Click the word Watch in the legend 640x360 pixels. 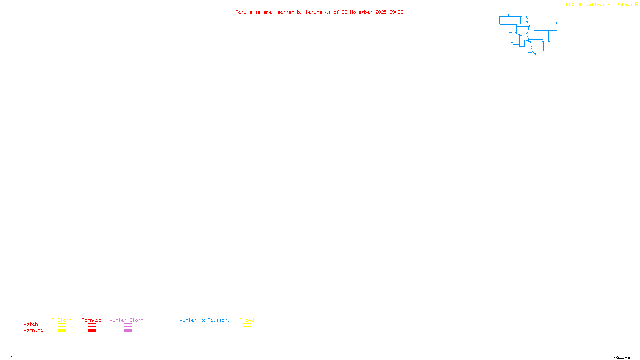coord(31,324)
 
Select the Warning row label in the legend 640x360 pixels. coord(33,330)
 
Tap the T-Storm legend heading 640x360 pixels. coord(62,320)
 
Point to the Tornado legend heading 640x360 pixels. coord(92,320)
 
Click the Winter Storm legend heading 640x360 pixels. coord(126,320)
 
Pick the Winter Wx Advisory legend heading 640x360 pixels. coord(205,320)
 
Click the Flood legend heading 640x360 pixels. coord(247,320)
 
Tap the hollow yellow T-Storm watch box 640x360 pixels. coord(62,325)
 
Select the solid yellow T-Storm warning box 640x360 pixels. coord(62,331)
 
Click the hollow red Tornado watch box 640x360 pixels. coord(92,325)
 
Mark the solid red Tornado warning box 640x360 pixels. coord(92,331)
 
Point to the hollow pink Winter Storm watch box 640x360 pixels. coord(128,325)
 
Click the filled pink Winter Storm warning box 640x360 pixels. coord(128,331)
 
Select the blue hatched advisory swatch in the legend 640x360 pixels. coord(204,331)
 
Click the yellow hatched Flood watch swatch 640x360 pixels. coord(247,325)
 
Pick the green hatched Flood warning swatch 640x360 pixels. coord(247,331)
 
